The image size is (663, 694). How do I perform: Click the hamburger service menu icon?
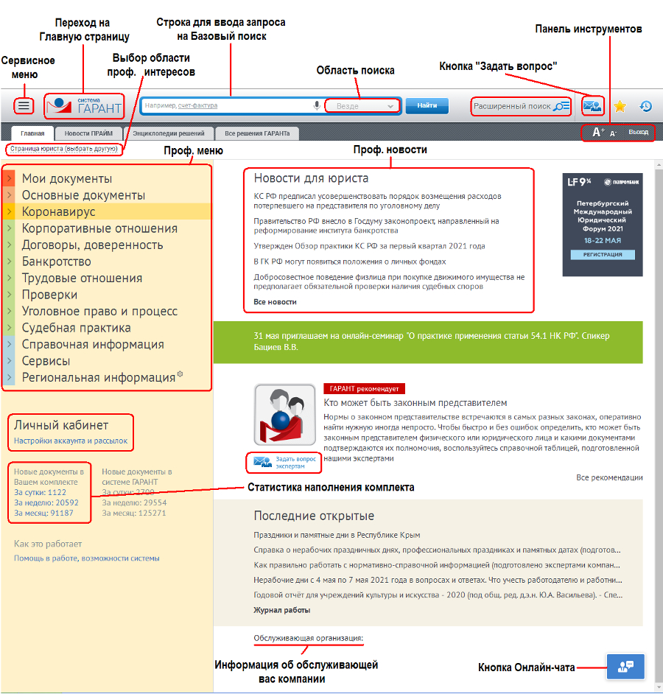(24, 106)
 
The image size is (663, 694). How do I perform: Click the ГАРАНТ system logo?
(83, 107)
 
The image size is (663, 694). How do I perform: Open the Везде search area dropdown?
(362, 106)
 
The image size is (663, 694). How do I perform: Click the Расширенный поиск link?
(521, 106)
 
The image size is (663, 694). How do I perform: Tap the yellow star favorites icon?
(620, 106)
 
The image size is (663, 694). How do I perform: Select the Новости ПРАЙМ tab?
(88, 133)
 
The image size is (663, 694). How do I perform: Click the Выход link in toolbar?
(638, 133)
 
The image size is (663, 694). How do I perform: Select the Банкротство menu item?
(57, 262)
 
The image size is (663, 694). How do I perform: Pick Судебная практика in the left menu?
(76, 328)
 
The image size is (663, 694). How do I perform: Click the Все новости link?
(275, 302)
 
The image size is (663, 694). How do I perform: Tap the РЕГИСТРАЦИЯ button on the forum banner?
(603, 254)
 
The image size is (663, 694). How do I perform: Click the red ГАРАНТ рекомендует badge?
(364, 388)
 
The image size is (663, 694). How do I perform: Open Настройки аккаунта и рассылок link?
(71, 441)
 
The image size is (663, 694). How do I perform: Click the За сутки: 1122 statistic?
(40, 492)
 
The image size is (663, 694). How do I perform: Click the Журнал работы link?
(281, 610)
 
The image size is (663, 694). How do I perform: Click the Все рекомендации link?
(609, 477)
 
